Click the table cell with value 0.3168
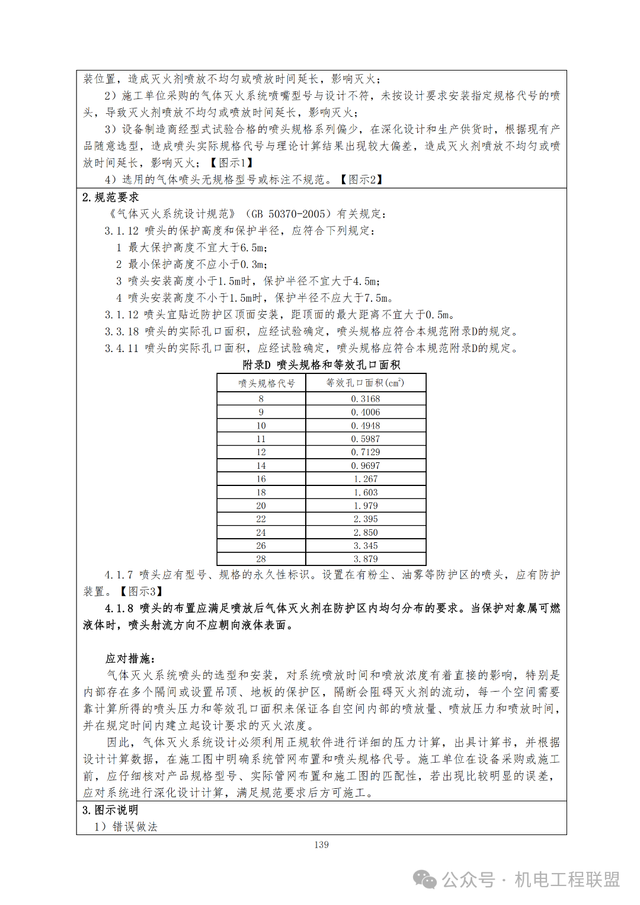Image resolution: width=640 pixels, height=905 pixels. pyautogui.click(x=365, y=399)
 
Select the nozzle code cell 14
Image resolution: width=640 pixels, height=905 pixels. pyautogui.click(x=261, y=466)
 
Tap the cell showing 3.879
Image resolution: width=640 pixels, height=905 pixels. pyautogui.click(x=365, y=559)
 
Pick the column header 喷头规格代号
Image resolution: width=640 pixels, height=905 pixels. pyautogui.click(x=266, y=383)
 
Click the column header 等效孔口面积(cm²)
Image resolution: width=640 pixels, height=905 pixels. pyautogui.click(x=365, y=383)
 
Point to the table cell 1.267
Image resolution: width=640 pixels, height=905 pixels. pyautogui.click(x=365, y=479)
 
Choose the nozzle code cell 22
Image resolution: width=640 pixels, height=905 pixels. pyautogui.click(x=261, y=519)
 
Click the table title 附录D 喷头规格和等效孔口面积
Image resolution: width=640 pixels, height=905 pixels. pyautogui.click(x=321, y=364)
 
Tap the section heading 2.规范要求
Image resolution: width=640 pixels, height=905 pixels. pyautogui.click(x=111, y=197)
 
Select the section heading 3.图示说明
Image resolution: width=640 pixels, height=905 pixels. pyautogui.click(x=110, y=810)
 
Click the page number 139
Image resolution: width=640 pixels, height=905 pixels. pyautogui.click(x=321, y=845)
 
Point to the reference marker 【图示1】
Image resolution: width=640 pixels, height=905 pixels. pyautogui.click(x=232, y=162)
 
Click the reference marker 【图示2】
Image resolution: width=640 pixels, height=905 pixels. pyautogui.click(x=361, y=179)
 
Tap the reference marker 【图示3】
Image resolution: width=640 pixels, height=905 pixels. pyautogui.click(x=141, y=591)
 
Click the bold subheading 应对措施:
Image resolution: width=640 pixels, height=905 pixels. pyautogui.click(x=130, y=658)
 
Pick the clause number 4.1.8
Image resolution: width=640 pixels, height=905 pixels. pyautogui.click(x=119, y=608)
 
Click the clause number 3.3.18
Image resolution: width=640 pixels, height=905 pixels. pyautogui.click(x=122, y=331)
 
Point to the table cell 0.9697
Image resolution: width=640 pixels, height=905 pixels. pyautogui.click(x=365, y=466)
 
